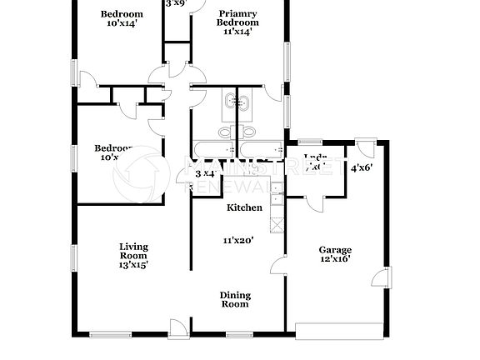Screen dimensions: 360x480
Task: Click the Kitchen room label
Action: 245,207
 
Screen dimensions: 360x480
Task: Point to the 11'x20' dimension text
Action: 237,240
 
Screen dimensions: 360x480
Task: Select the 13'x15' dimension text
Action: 133,265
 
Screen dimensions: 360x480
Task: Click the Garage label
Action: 335,249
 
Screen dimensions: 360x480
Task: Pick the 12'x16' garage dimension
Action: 335,259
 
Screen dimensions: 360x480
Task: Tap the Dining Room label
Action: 235,300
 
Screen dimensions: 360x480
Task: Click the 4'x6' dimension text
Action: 361,167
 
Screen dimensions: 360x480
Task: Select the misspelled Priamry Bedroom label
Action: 238,17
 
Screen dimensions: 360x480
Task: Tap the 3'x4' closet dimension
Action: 205,173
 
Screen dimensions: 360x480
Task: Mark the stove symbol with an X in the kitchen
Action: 276,223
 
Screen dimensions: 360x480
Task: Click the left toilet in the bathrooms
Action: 225,132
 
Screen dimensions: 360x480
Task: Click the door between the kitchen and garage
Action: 277,266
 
